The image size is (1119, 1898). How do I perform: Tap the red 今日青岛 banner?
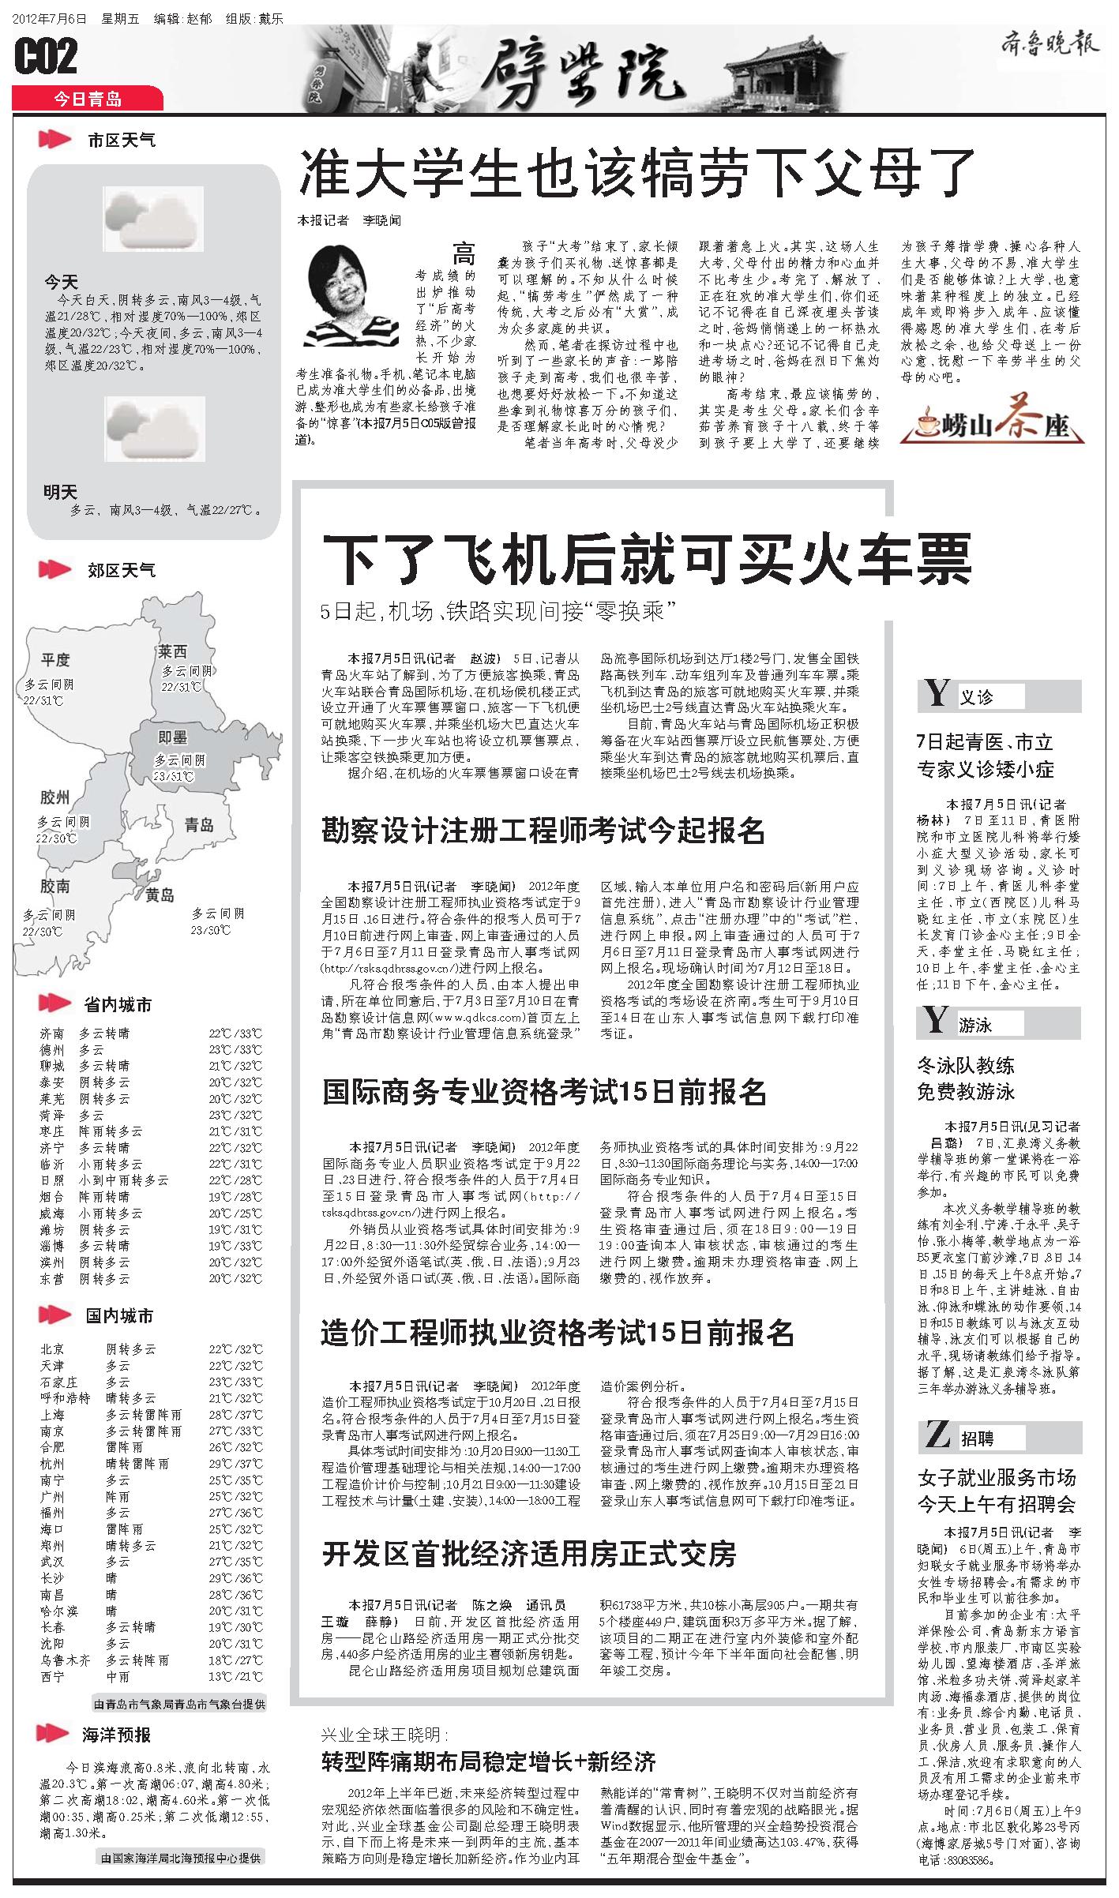point(88,99)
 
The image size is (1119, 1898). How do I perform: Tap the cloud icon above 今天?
point(153,219)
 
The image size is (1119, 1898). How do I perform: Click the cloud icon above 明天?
point(155,429)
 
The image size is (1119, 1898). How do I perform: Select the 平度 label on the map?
point(56,659)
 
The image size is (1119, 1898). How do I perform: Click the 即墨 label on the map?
point(172,737)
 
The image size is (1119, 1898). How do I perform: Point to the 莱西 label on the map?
point(172,651)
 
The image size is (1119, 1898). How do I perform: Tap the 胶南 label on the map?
point(55,887)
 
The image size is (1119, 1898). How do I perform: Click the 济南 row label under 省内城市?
point(53,1033)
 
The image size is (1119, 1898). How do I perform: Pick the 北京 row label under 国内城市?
point(53,1349)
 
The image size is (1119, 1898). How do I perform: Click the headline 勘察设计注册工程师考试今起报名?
point(543,831)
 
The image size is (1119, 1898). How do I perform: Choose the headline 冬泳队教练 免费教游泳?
point(966,1078)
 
